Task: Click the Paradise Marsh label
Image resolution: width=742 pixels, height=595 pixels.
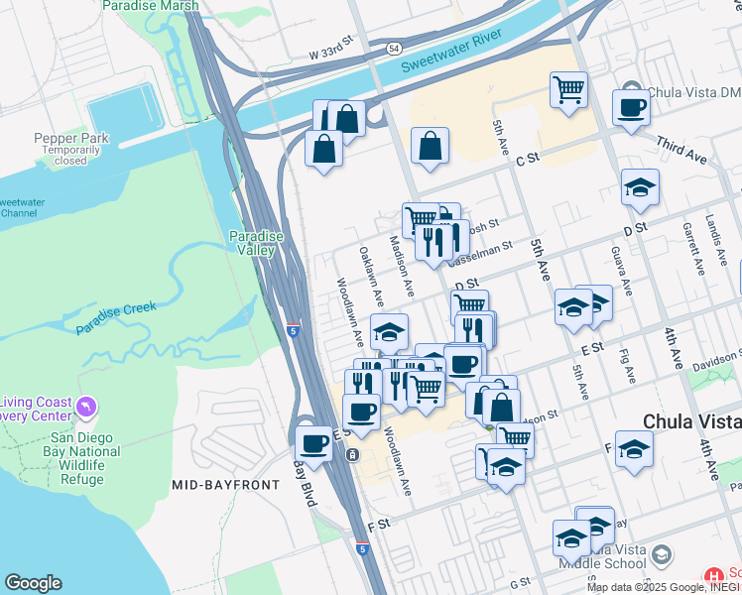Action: pos(151,6)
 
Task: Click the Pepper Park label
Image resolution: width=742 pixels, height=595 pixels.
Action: pos(63,138)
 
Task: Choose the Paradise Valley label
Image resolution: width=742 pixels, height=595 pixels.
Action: pos(257,243)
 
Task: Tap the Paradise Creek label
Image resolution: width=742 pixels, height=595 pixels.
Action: pos(116,316)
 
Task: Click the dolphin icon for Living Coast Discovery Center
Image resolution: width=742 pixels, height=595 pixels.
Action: pos(86,408)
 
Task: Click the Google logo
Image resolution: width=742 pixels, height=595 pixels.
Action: pos(33,583)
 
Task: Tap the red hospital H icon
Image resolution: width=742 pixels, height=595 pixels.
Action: pos(712,576)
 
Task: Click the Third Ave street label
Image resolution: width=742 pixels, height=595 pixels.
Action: pos(681,150)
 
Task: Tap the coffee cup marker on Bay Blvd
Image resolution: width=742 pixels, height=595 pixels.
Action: pos(314,442)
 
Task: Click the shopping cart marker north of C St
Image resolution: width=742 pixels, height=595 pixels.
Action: pos(569,88)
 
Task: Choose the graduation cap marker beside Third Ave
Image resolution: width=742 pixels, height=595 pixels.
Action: pos(640,186)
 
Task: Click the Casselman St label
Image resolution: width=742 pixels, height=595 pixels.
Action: pos(481,254)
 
